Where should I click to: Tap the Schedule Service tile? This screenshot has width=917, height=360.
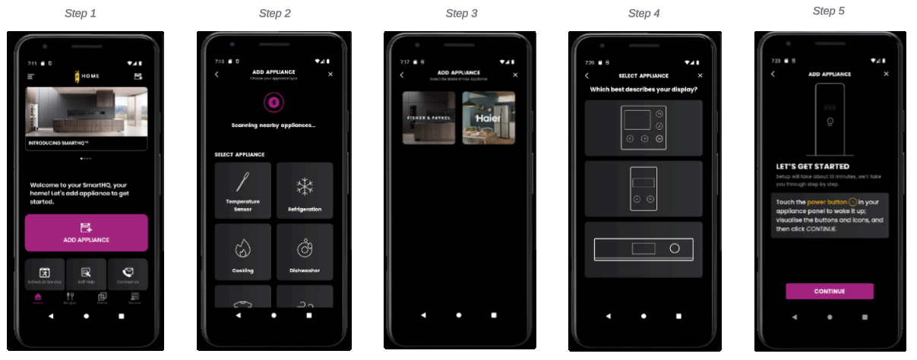(45, 275)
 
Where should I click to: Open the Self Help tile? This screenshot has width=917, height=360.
(86, 275)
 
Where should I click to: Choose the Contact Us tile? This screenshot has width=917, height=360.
(128, 275)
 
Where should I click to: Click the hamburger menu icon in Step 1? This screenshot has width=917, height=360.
(31, 77)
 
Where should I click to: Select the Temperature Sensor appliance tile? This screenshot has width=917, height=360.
(243, 191)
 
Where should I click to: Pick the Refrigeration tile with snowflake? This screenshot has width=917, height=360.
(305, 191)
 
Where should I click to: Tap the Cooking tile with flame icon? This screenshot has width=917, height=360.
(243, 252)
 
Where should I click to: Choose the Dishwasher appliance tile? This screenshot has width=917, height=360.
(305, 252)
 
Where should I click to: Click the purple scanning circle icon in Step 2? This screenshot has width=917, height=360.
(274, 103)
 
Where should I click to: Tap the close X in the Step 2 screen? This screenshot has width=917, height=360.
(330, 74)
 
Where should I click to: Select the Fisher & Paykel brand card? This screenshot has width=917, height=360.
(429, 118)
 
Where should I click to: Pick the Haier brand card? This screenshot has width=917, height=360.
(489, 118)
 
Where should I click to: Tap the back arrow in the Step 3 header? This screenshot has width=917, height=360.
(402, 75)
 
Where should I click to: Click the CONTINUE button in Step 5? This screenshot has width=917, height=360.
(829, 292)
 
